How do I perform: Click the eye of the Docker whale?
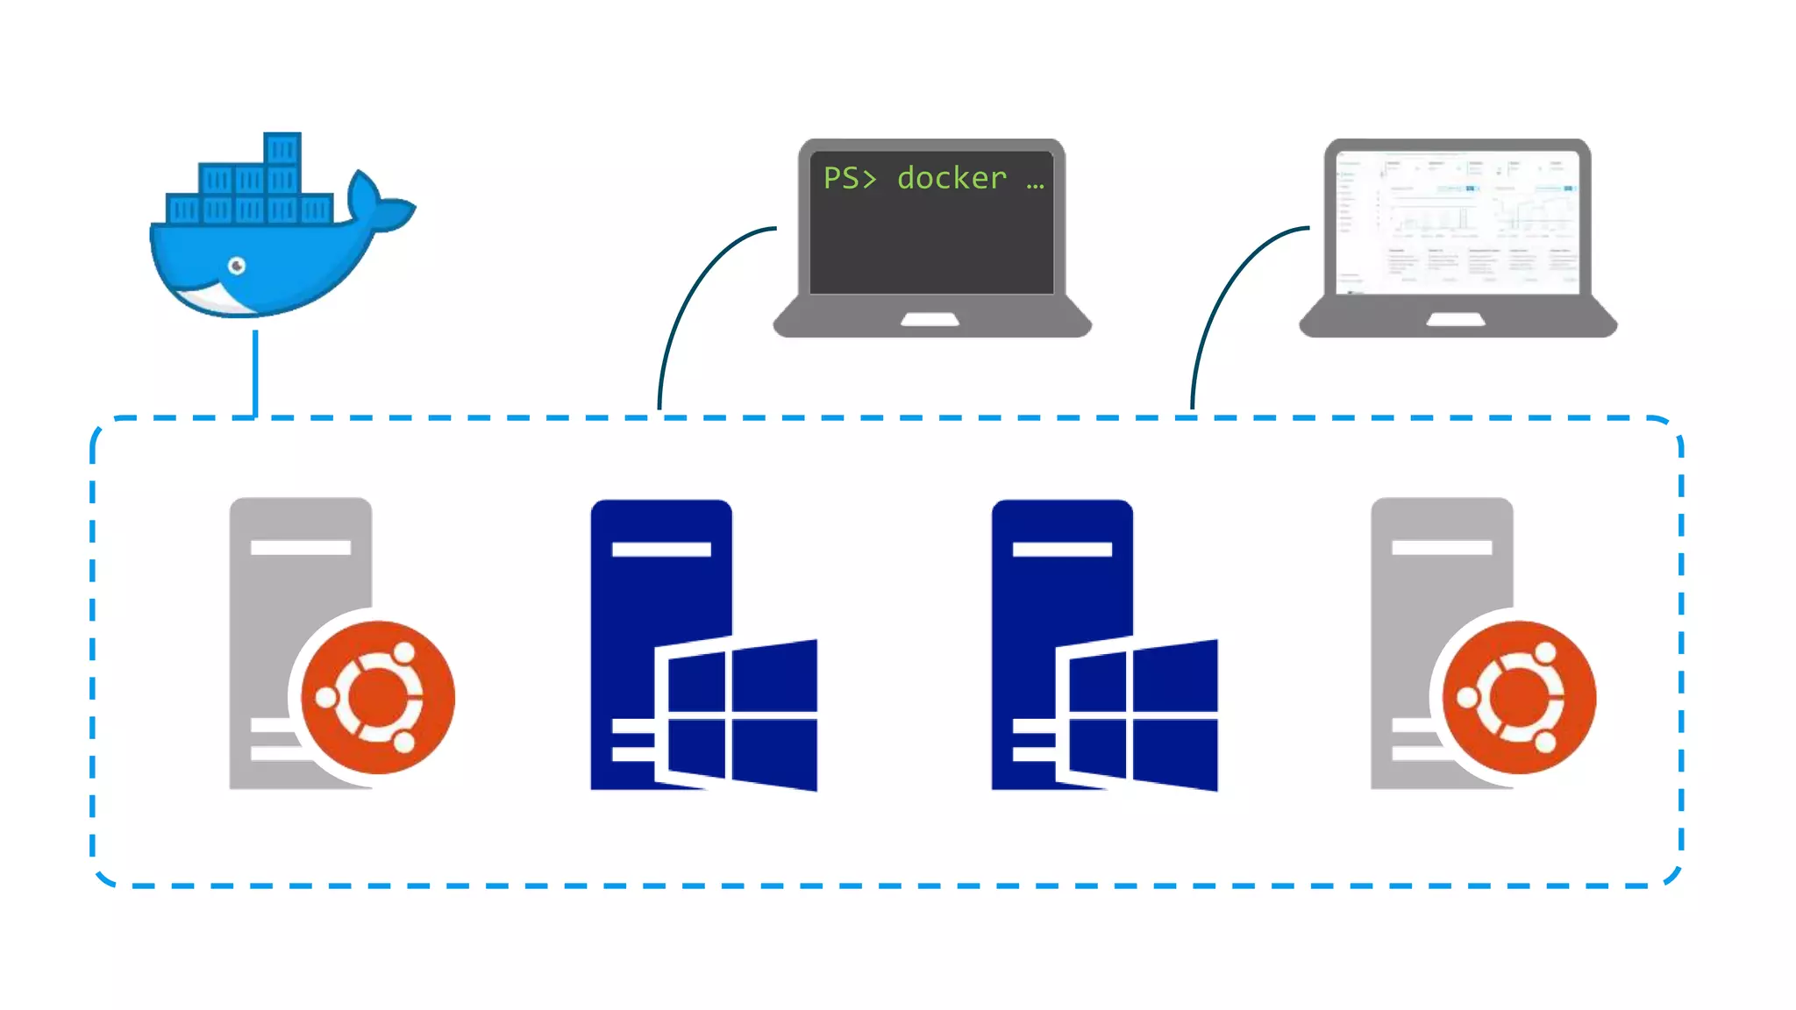[x=237, y=266]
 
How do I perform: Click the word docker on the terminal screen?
[x=951, y=178]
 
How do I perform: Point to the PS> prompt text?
[x=849, y=178]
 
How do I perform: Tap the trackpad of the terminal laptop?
[x=930, y=319]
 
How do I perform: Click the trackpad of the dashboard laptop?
[x=1456, y=319]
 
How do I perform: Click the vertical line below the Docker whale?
[x=255, y=373]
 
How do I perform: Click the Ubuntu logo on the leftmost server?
[x=378, y=697]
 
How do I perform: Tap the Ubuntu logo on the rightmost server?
[x=1519, y=697]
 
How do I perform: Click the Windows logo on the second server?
[x=741, y=715]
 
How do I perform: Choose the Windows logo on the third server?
[x=1142, y=715]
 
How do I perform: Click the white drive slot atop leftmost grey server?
[x=301, y=547]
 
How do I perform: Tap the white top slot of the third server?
[x=1062, y=549]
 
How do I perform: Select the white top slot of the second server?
[x=661, y=549]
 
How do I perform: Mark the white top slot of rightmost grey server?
[x=1442, y=547]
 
